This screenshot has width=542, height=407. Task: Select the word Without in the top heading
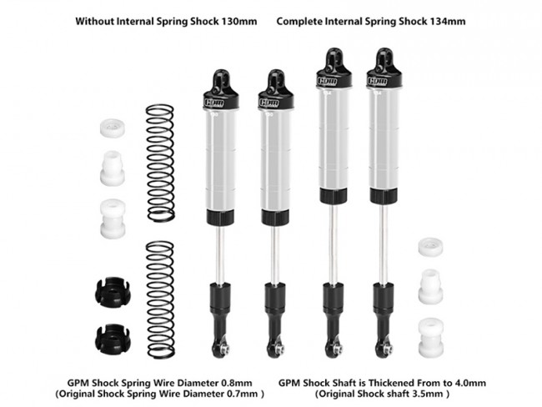point(94,22)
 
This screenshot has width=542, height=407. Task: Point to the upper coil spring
point(160,163)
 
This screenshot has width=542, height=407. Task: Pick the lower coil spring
point(160,299)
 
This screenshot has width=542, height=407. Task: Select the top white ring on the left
point(113,128)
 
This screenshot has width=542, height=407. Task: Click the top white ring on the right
point(431,247)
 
